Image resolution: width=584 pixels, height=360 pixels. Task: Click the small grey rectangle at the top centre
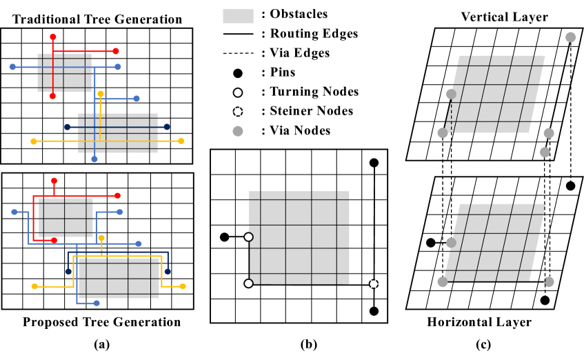238,17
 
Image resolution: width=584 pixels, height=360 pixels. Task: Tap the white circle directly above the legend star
238,92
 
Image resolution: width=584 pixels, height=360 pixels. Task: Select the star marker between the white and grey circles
238,112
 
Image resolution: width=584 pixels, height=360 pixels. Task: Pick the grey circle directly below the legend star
238,131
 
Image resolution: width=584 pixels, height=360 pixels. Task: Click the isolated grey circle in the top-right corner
570,37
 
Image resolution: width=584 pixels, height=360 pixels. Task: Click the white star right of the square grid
374,283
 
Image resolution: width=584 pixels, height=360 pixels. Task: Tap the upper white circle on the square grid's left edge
248,237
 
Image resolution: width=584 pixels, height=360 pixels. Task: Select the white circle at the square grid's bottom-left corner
248,283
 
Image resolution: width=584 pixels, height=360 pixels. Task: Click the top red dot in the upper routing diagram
53,37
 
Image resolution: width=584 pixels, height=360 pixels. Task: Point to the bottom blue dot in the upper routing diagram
94,159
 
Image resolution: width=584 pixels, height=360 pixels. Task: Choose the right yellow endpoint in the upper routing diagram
181,141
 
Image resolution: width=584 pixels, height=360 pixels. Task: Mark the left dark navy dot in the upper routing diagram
68,127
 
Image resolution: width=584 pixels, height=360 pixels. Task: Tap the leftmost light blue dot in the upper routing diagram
12,67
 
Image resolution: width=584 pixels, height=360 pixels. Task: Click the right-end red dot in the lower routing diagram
117,196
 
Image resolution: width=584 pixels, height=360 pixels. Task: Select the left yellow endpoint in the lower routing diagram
34,286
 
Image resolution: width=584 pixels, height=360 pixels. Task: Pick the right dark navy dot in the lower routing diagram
168,272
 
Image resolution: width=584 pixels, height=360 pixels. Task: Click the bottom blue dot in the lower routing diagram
97,303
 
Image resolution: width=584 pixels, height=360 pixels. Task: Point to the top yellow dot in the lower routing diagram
101,238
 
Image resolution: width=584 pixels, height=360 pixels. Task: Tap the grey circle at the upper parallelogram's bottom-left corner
443,133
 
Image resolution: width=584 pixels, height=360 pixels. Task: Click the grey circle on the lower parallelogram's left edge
451,243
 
